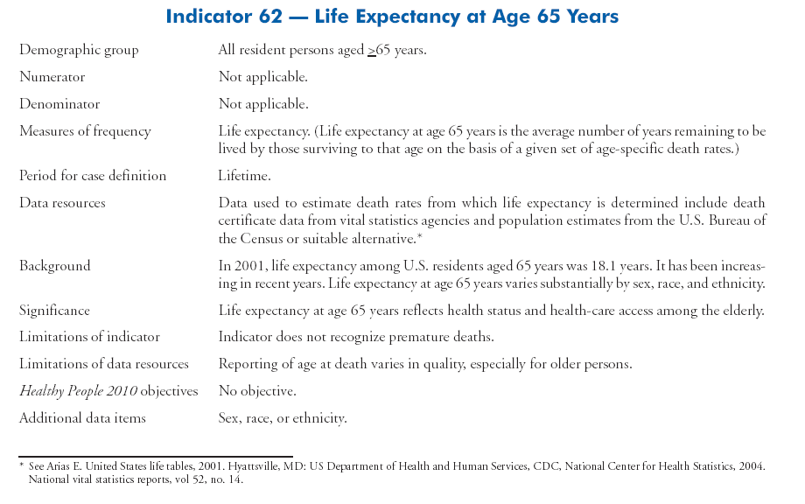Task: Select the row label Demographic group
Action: (x=78, y=51)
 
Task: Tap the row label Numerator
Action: (x=52, y=77)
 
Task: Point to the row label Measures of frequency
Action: (x=85, y=131)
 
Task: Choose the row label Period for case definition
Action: (x=93, y=176)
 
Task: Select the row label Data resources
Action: (x=62, y=203)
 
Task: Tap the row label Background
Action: (x=54, y=265)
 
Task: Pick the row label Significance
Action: (x=54, y=311)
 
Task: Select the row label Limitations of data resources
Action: (x=104, y=364)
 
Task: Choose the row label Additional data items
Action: (x=82, y=418)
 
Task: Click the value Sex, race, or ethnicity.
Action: (x=283, y=418)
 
